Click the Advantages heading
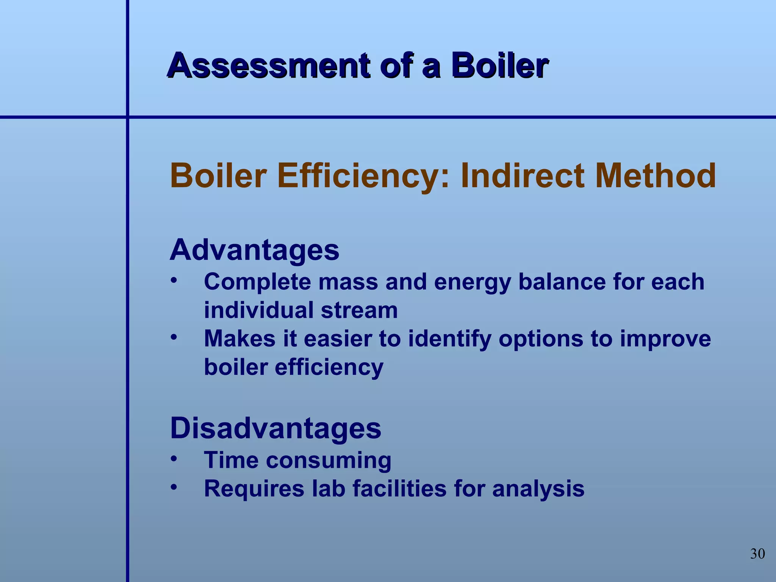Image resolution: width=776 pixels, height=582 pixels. (254, 250)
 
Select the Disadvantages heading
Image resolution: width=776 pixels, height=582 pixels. (275, 428)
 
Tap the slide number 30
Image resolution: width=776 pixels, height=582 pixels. (757, 554)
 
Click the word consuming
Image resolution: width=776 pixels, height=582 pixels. (329, 461)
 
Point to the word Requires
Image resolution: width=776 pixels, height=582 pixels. (254, 489)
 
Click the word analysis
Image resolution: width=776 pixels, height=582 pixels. (538, 489)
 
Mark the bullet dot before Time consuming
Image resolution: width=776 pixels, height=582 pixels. (174, 459)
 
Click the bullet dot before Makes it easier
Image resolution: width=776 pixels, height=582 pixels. (174, 337)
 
